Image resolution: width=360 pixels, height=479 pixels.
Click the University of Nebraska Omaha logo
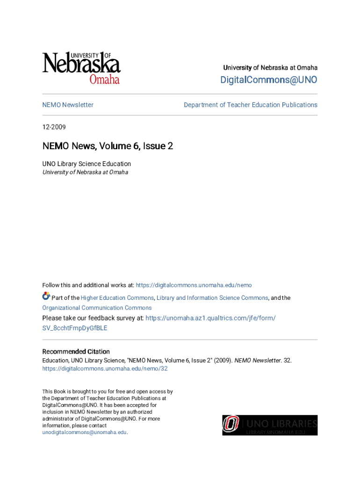point(81,68)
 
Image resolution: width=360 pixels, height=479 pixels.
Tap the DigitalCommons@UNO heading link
point(268,80)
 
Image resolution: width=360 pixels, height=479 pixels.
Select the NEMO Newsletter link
point(68,105)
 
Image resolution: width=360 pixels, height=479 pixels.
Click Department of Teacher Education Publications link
point(250,105)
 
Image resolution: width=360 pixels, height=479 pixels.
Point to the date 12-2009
point(54,127)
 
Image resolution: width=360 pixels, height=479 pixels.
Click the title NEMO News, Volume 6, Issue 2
point(108,146)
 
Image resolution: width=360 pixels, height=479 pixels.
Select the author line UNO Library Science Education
point(86,164)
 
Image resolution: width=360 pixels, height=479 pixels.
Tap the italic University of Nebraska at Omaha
point(85,172)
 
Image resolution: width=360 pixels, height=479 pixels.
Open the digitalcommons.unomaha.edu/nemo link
point(194,285)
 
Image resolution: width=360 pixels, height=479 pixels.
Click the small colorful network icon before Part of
point(46,296)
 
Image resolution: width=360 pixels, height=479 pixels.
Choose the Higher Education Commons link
point(117,298)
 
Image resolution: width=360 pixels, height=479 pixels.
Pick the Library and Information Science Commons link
point(212,298)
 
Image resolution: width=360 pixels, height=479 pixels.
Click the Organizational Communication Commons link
point(97,308)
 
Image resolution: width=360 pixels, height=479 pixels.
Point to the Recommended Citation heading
point(76,351)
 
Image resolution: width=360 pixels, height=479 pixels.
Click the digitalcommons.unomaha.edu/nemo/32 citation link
point(105,369)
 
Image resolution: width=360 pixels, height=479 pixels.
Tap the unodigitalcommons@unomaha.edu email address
point(84,432)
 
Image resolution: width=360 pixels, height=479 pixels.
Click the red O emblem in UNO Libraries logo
point(230,425)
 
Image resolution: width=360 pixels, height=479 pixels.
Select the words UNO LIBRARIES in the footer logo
point(281,423)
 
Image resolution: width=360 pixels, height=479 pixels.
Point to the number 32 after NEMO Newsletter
point(288,360)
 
